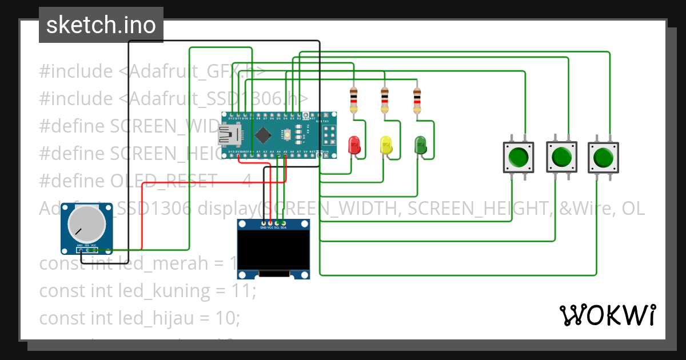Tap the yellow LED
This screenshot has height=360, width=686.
tap(386, 145)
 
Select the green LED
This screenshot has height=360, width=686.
tap(420, 145)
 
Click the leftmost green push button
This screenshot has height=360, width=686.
tap(518, 157)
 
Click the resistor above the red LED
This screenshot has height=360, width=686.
tap(354, 100)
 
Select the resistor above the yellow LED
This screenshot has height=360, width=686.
tap(385, 100)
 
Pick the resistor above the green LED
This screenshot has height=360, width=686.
tap(417, 100)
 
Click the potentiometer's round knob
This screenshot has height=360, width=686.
tap(87, 223)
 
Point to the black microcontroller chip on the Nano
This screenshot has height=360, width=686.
tap(262, 135)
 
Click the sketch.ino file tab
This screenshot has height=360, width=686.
tap(101, 25)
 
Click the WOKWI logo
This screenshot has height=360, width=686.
tap(607, 315)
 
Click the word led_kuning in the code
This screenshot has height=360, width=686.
tap(164, 291)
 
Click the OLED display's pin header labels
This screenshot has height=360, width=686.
tap(273, 227)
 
